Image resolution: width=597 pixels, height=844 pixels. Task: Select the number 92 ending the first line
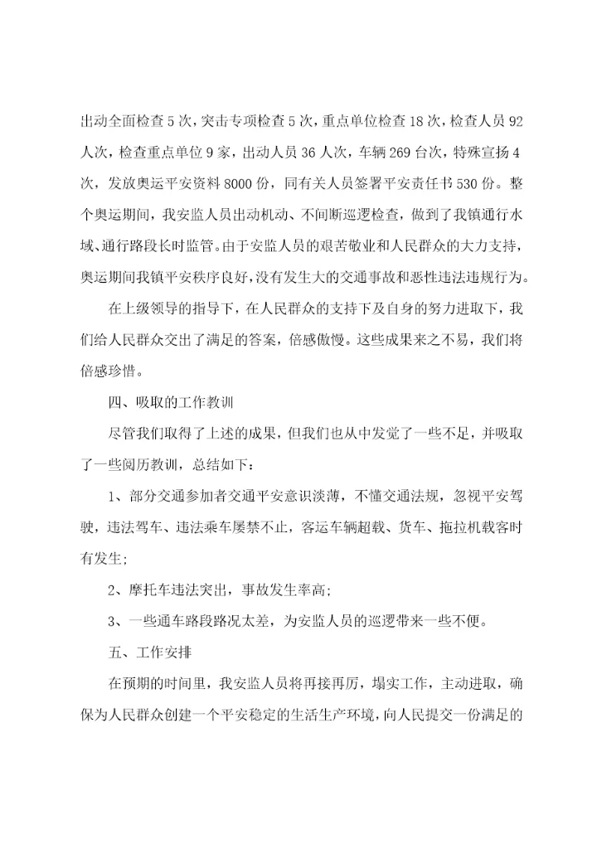(x=514, y=123)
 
